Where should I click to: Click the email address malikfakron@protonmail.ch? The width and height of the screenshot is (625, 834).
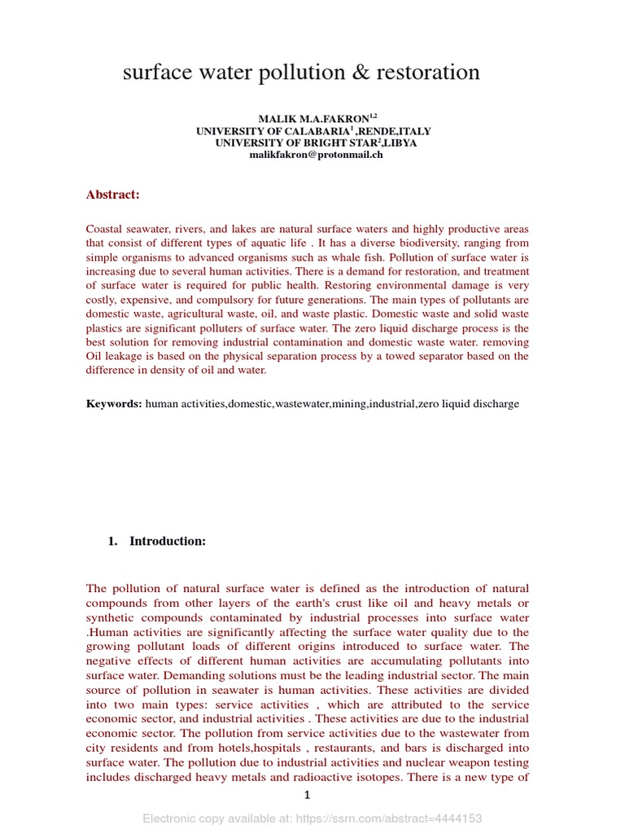click(316, 154)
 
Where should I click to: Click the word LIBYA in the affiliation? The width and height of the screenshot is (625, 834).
click(398, 143)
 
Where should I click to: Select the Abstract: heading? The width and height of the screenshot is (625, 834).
click(113, 195)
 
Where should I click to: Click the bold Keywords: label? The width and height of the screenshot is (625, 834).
click(114, 404)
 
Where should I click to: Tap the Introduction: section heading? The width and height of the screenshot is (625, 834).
click(167, 542)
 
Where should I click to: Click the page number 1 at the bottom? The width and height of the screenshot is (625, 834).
click(308, 796)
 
